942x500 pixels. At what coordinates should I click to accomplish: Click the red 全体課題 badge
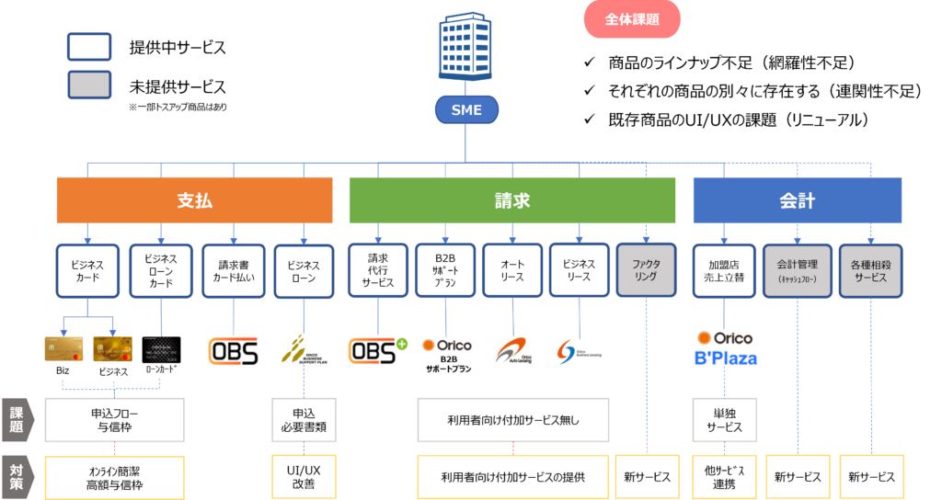click(632, 19)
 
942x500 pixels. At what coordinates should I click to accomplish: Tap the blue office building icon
click(465, 47)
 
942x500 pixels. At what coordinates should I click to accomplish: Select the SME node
click(465, 111)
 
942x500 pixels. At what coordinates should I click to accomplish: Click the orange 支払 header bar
click(194, 200)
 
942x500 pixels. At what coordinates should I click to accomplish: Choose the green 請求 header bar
click(511, 200)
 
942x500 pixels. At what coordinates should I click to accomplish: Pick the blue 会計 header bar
click(797, 200)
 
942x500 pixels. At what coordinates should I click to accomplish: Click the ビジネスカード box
click(87, 270)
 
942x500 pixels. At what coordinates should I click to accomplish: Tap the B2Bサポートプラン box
click(445, 270)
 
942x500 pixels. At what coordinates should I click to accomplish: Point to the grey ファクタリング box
click(646, 270)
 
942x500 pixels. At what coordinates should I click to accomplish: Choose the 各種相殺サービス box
click(870, 270)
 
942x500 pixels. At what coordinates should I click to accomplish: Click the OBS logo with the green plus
click(377, 351)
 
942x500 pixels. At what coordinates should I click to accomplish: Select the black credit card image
click(161, 350)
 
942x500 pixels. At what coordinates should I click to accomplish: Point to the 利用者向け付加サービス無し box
click(512, 420)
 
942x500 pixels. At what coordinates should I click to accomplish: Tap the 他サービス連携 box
click(723, 477)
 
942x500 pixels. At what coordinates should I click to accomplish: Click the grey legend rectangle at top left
click(89, 85)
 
